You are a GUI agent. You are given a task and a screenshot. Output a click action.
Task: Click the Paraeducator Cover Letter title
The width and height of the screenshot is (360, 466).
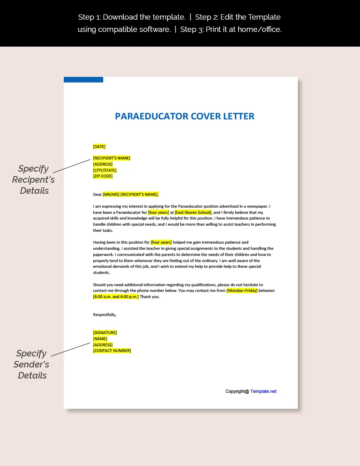tap(184, 116)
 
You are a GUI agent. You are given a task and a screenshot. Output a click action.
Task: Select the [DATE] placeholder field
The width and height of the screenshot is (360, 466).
tap(99, 146)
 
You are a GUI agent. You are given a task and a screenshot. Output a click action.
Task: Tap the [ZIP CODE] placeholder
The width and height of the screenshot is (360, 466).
tap(103, 176)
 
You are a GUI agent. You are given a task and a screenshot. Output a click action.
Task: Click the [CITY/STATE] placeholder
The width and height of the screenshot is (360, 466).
tap(105, 170)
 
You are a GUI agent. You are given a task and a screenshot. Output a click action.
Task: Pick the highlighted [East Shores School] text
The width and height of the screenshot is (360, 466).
tap(193, 212)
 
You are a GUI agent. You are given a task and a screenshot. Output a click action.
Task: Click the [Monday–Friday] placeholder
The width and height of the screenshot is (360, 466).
tap(242, 291)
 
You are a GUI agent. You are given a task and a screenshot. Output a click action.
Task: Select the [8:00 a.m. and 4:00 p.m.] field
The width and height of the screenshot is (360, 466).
tap(116, 297)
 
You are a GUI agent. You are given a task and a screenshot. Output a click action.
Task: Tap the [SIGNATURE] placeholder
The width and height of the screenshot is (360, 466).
tap(105, 332)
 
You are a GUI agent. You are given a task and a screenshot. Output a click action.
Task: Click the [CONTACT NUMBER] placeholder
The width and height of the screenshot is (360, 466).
tap(112, 351)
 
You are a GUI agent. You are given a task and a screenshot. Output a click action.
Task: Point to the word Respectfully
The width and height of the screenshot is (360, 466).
tap(105, 314)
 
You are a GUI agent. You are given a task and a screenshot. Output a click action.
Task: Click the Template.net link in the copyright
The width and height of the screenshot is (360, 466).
tap(263, 391)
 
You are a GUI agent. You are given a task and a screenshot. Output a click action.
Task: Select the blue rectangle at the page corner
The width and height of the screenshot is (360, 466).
tap(83, 80)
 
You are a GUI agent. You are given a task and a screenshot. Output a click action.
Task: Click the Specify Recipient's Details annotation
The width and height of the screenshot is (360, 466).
tap(34, 179)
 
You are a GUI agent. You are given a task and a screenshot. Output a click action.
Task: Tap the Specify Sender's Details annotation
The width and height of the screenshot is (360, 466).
tap(32, 364)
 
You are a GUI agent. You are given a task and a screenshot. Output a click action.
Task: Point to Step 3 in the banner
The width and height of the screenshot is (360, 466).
tap(191, 29)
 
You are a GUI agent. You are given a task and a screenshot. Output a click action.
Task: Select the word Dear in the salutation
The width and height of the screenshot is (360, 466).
tap(97, 195)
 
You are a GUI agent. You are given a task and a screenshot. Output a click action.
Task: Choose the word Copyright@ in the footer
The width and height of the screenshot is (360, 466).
tap(237, 391)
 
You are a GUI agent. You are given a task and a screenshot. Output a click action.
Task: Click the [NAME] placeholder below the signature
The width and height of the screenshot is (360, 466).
tap(100, 338)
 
